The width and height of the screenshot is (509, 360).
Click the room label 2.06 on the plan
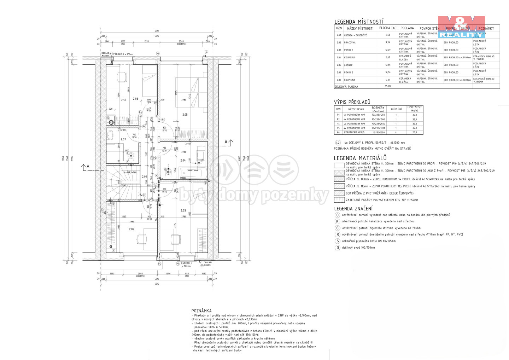pos(135,99)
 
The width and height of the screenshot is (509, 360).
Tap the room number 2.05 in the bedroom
pos(185,115)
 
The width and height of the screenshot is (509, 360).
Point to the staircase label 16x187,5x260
pos(129,172)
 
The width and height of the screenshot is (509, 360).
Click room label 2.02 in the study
pos(131,229)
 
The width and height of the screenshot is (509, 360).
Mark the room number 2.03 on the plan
pos(183,211)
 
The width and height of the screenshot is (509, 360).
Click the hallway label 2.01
pos(144,176)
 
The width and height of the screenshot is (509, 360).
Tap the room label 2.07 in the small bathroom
pos(123,139)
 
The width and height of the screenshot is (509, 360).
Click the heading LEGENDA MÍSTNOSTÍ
pos(359,22)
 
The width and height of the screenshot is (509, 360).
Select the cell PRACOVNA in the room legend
pos(350,42)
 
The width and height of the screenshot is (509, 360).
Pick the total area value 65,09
pos(388,86)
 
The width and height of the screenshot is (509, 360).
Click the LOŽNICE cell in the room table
pos(348,65)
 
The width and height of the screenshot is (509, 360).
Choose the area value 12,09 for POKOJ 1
pos(388,50)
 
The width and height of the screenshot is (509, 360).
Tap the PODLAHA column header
pos(407,28)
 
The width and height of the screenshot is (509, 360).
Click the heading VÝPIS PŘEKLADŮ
pos(352,102)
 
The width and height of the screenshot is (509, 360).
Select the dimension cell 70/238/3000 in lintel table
pos(378,128)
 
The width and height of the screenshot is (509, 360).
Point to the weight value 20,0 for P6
pos(415,132)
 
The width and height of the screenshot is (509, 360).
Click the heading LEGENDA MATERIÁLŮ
pos(360,158)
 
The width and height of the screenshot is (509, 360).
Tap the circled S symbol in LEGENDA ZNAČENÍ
pos(338,241)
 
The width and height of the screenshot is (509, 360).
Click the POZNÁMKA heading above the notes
pos(201,311)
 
